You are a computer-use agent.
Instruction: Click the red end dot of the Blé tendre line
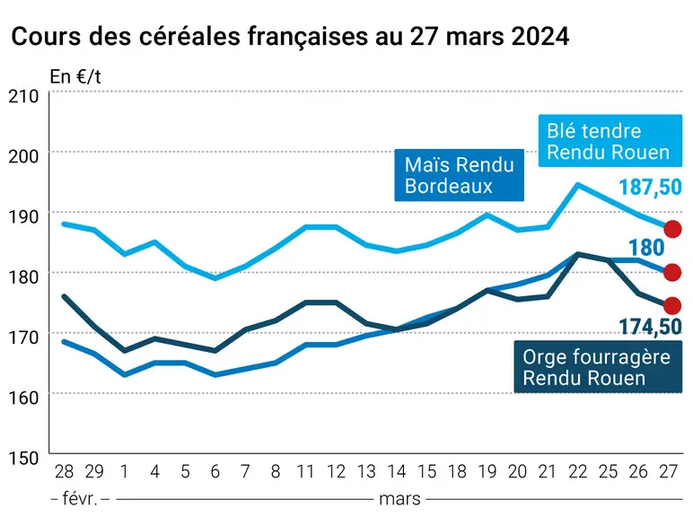tap(672, 229)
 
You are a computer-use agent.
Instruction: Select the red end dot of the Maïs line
tap(672, 272)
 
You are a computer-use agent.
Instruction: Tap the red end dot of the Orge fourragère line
tap(672, 305)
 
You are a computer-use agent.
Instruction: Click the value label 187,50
tap(650, 187)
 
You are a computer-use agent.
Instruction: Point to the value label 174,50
tap(650, 327)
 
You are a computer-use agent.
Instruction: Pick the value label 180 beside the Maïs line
tap(646, 248)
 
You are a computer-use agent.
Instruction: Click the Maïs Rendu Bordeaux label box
tap(460, 175)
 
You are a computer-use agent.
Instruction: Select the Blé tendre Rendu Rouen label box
tap(610, 141)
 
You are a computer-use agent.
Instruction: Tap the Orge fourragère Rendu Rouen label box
tap(598, 367)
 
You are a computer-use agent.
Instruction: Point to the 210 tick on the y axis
tap(23, 96)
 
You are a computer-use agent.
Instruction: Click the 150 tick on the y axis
tap(23, 458)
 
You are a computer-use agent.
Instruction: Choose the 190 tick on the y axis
tap(23, 216)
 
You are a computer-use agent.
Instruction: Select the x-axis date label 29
tap(94, 472)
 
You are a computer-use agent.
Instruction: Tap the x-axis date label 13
tap(366, 472)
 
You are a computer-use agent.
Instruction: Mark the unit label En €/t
tap(75, 77)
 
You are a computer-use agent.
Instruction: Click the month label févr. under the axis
tap(80, 499)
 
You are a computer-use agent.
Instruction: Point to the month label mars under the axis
tap(400, 499)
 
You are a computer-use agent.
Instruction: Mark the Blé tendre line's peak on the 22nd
tap(577, 185)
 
